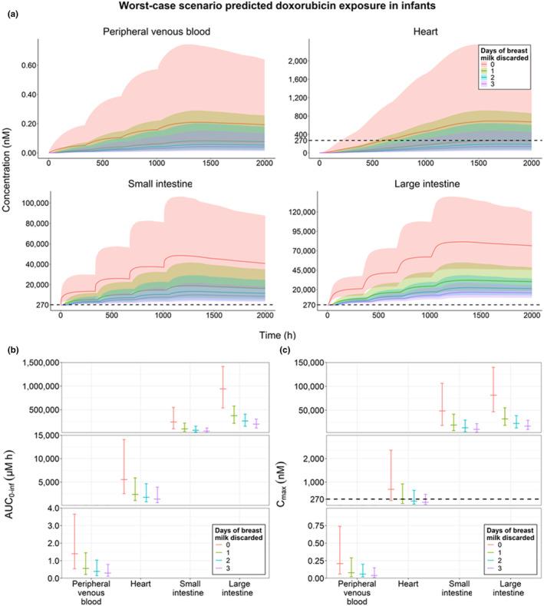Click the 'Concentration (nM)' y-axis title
8,180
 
